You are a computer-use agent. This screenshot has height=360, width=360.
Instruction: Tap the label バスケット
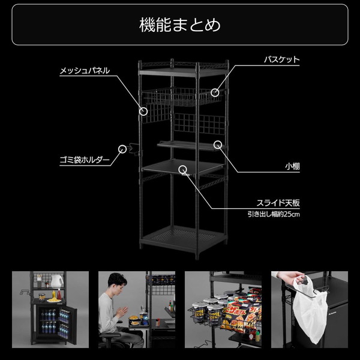click(x=282, y=60)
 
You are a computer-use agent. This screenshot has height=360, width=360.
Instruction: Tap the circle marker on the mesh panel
click(x=143, y=111)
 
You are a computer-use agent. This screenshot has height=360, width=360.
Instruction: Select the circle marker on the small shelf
click(x=218, y=144)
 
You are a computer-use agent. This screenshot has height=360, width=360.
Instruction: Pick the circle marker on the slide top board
click(x=182, y=170)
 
